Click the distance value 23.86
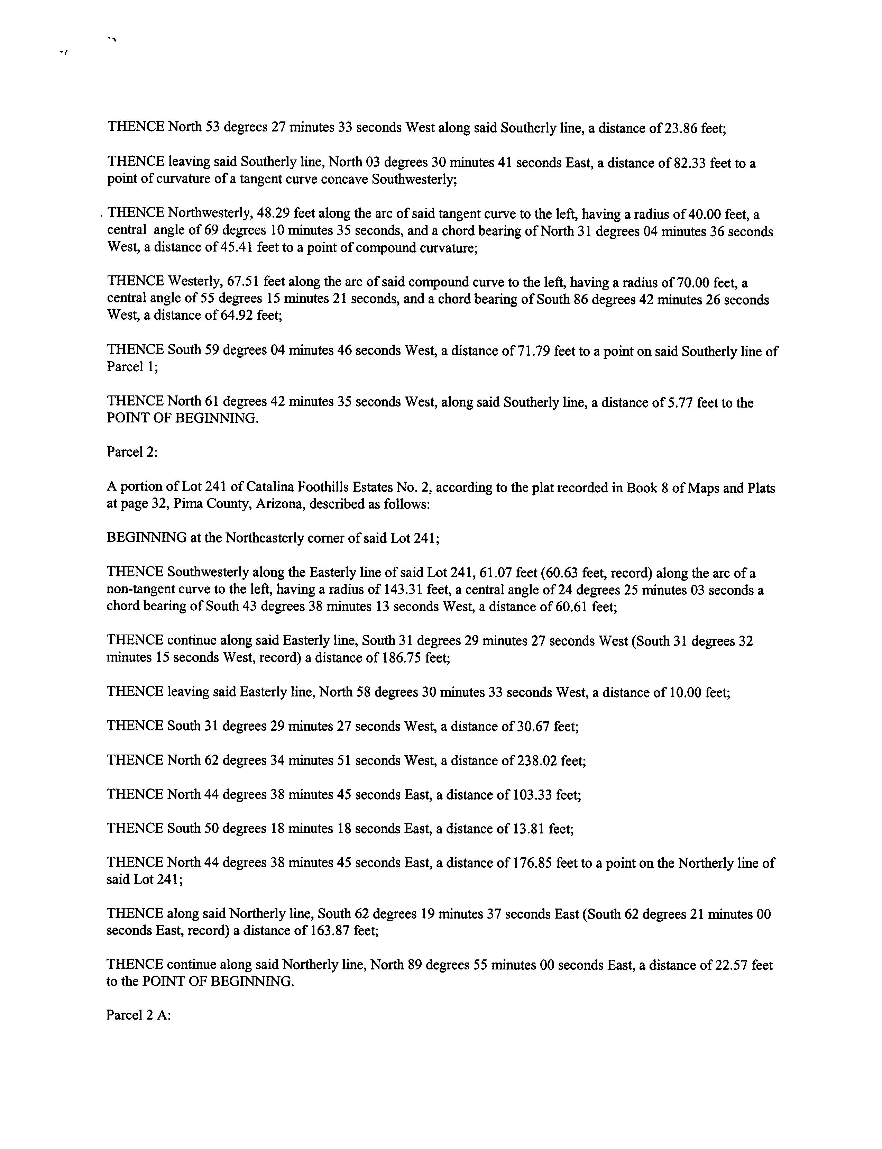[x=681, y=128]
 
